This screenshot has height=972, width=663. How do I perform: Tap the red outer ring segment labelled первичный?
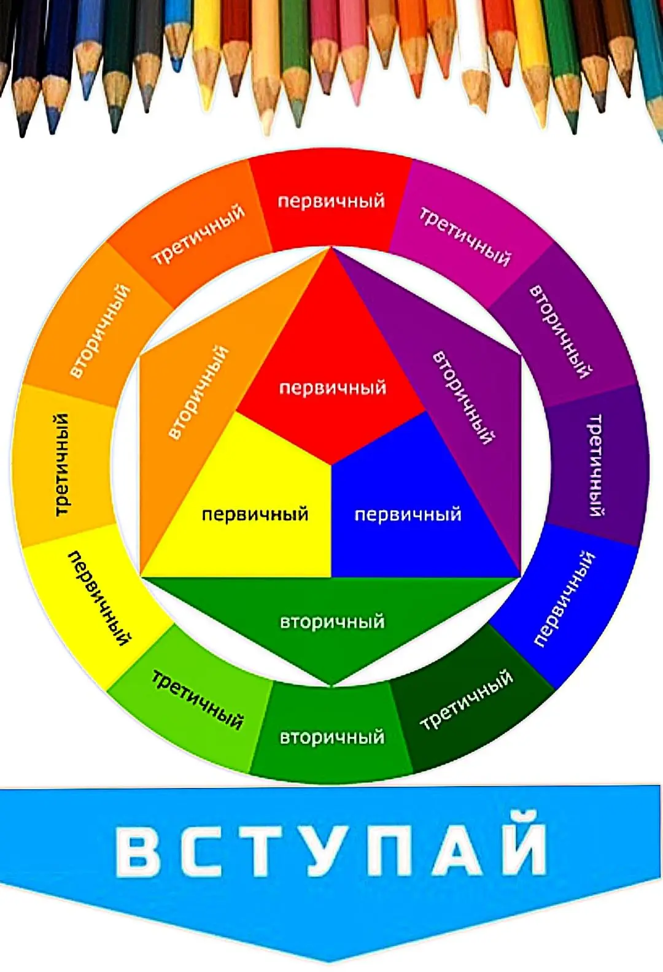click(x=331, y=201)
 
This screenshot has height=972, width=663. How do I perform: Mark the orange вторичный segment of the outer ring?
click(x=98, y=331)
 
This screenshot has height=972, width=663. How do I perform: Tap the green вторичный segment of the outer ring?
click(x=331, y=736)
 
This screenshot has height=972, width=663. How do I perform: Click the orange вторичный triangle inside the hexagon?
click(x=196, y=393)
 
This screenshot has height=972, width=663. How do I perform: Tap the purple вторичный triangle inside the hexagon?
click(x=467, y=393)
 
